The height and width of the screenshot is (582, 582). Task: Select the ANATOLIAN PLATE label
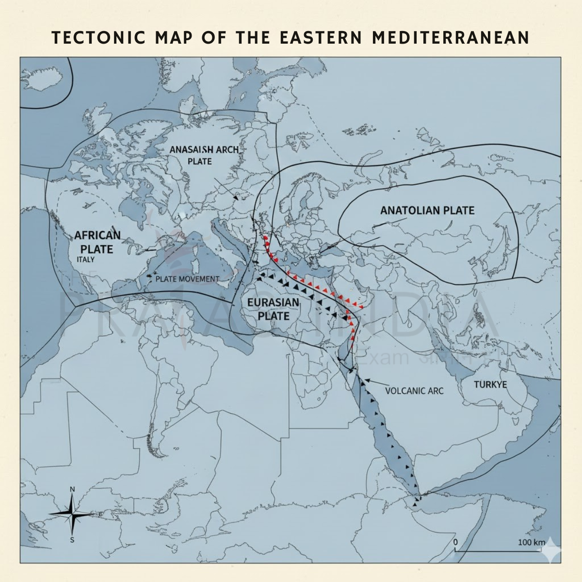coord(427,210)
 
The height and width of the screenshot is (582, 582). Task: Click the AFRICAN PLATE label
coord(97,242)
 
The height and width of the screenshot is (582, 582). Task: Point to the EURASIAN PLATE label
coord(273,309)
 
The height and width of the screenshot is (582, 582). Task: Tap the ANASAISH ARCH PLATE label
coord(204,155)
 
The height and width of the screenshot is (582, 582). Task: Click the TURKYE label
coord(490,385)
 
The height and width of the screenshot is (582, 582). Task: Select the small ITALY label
coord(85,259)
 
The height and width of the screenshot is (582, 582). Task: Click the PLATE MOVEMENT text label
coord(187,279)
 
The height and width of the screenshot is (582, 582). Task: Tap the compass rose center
coord(73,513)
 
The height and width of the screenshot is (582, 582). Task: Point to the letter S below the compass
coord(72,539)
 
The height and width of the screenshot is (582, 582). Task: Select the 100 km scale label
coord(531,542)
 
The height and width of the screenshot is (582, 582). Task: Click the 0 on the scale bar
coord(455,541)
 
